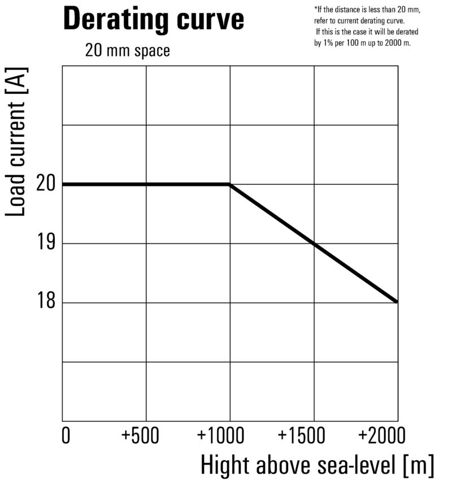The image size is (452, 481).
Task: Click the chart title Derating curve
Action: coord(154,19)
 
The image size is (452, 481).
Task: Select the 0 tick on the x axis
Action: coord(66,436)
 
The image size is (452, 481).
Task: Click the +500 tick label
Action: coord(141,436)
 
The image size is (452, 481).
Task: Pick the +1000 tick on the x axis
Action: coord(221,436)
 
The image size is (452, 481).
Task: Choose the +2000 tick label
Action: coord(383,436)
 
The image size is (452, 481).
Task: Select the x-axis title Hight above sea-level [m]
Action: coord(318,466)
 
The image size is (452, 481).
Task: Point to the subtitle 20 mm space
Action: coord(127,50)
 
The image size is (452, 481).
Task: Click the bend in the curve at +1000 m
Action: coord(229,184)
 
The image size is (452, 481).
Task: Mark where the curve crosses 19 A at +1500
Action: coord(314,244)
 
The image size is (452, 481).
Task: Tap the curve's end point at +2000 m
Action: coord(397,302)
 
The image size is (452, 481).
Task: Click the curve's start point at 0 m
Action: coord(63,184)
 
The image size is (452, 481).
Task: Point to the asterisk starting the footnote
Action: coord(315,8)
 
